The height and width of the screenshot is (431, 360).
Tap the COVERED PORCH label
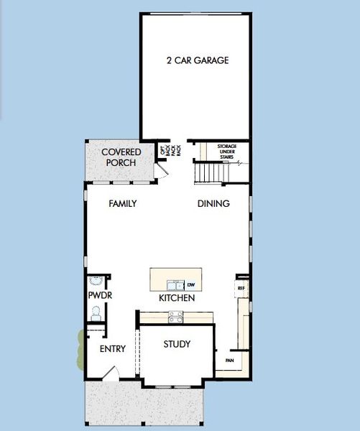pyautogui.click(x=121, y=157)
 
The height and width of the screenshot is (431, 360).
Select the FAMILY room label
pyautogui.click(x=122, y=203)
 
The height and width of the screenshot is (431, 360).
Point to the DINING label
pyautogui.click(x=213, y=203)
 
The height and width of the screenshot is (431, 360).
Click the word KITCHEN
pyautogui.click(x=177, y=297)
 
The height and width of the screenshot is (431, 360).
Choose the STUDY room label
pyautogui.click(x=177, y=344)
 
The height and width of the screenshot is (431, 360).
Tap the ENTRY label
pyautogui.click(x=111, y=349)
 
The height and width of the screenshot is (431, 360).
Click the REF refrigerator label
pyautogui.click(x=241, y=288)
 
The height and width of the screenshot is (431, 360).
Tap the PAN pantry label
pyautogui.click(x=229, y=361)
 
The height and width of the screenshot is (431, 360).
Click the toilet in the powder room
pyautogui.click(x=96, y=312)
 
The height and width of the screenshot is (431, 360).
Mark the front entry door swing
pyautogui.click(x=109, y=373)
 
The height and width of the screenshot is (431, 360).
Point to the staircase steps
pyautogui.click(x=209, y=173)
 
